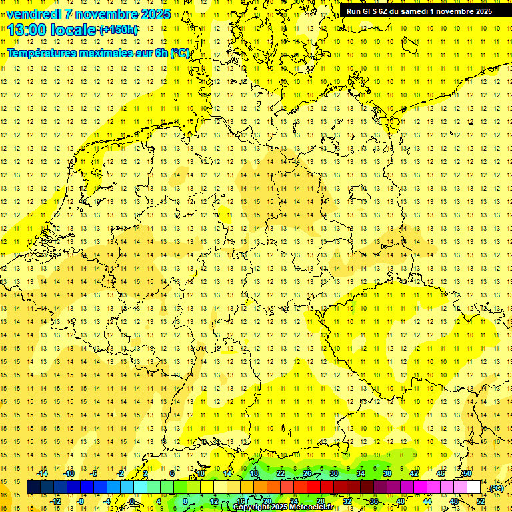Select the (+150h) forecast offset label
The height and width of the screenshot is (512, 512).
[x=119, y=30]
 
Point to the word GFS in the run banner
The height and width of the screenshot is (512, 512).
[x=369, y=11]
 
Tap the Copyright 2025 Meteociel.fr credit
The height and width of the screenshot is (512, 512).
[x=283, y=507]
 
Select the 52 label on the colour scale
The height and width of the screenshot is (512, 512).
[x=481, y=501]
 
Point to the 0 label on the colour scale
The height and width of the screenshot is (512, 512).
[x=132, y=501]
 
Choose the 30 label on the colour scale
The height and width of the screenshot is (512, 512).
[x=333, y=473]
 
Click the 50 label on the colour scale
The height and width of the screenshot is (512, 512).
[x=467, y=473]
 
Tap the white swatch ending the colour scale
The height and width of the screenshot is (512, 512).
[x=474, y=487]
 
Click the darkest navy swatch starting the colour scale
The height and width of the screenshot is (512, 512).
[x=33, y=487]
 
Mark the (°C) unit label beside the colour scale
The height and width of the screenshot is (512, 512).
[x=495, y=489]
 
